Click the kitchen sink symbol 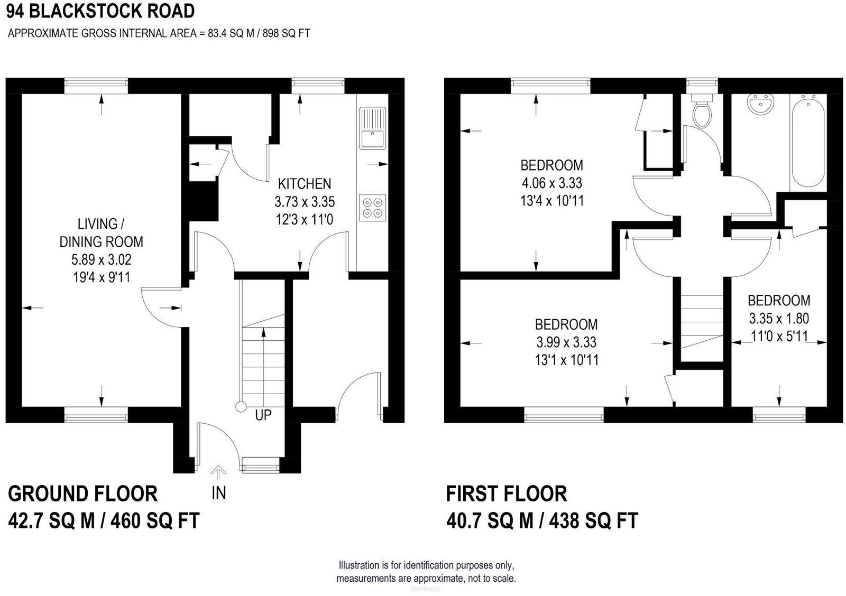pos(373,128)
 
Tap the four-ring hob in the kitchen pos(372,207)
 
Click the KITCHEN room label pos(305,184)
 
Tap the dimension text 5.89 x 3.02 pos(101,259)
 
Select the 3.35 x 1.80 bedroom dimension pos(779,318)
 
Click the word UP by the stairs pos(263,415)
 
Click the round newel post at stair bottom pos(241,407)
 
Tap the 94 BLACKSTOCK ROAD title pos(100,11)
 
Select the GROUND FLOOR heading pos(82,493)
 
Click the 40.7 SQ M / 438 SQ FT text pos(542,520)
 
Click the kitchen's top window pos(318,82)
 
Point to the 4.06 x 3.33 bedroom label pos(551,183)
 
